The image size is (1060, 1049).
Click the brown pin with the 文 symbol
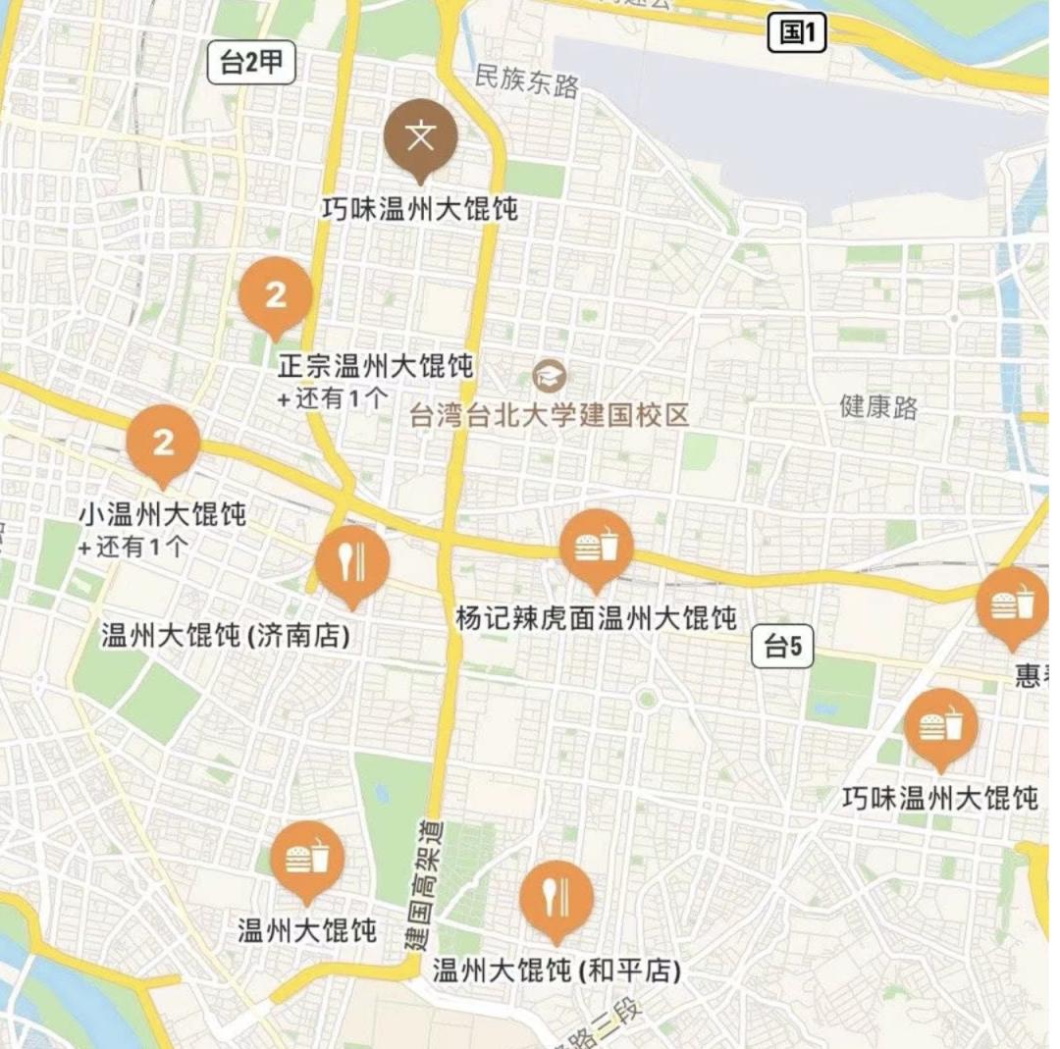click(420, 137)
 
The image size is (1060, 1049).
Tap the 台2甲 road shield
click(251, 64)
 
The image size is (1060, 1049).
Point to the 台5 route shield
click(782, 647)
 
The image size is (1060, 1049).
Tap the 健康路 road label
click(878, 406)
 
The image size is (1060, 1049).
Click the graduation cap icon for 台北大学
click(549, 375)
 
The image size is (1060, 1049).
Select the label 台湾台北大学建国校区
click(550, 414)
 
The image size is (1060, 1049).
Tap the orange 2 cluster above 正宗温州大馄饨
click(276, 293)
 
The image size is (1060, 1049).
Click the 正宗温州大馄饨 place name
click(375, 367)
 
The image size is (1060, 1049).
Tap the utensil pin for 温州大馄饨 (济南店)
click(352, 563)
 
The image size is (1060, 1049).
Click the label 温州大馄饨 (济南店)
click(226, 636)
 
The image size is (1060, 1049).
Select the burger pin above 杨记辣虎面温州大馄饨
click(596, 547)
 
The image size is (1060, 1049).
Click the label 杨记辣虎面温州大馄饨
click(596, 618)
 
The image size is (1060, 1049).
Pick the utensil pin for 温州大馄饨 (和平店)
click(556, 898)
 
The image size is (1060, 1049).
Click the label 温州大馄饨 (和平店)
click(556, 970)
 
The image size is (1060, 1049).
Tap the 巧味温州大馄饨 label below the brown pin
click(420, 208)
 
